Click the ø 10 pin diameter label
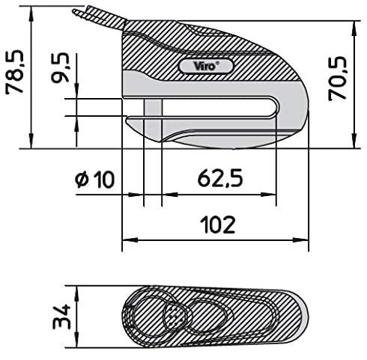94,179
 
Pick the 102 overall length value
217,223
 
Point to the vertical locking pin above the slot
153,101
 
